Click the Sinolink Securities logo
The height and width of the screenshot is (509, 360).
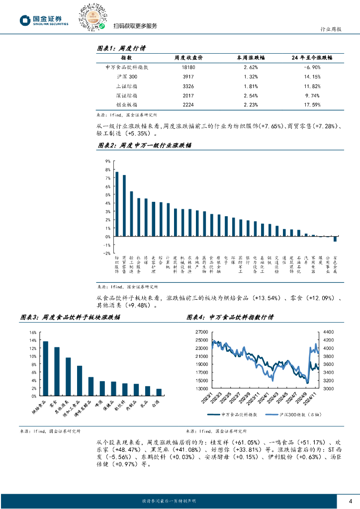click(44, 20)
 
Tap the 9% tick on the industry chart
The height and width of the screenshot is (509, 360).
click(107, 162)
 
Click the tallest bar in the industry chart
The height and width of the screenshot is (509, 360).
click(117, 204)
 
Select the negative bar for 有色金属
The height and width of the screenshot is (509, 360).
click(335, 239)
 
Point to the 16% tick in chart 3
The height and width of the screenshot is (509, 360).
click(33, 332)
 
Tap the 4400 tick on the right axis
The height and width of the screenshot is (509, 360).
click(328, 332)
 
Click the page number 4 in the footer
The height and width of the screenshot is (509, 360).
click(351, 501)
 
